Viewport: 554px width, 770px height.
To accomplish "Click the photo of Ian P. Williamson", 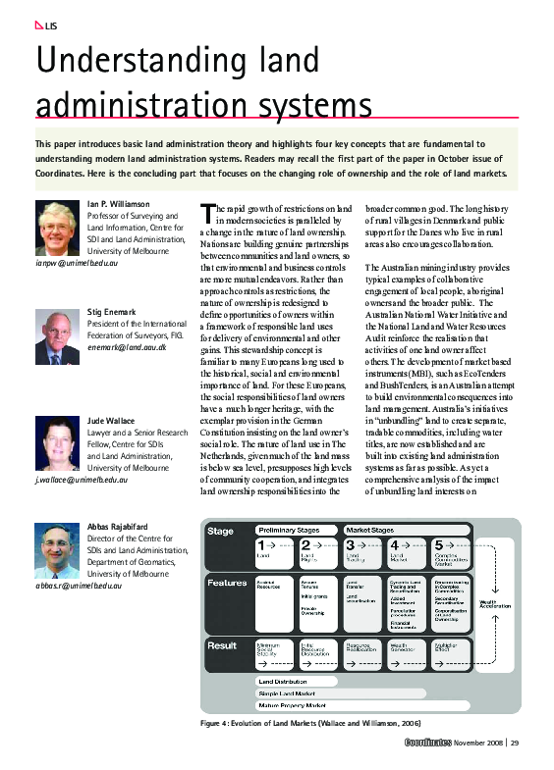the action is click(x=60, y=229).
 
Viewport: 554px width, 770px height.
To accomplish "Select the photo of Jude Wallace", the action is click(x=60, y=444).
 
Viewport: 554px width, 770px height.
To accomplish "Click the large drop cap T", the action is click(x=206, y=214).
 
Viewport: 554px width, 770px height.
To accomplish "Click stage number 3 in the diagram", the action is click(x=351, y=544).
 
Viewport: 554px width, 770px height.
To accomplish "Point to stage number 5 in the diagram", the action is click(x=438, y=544).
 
